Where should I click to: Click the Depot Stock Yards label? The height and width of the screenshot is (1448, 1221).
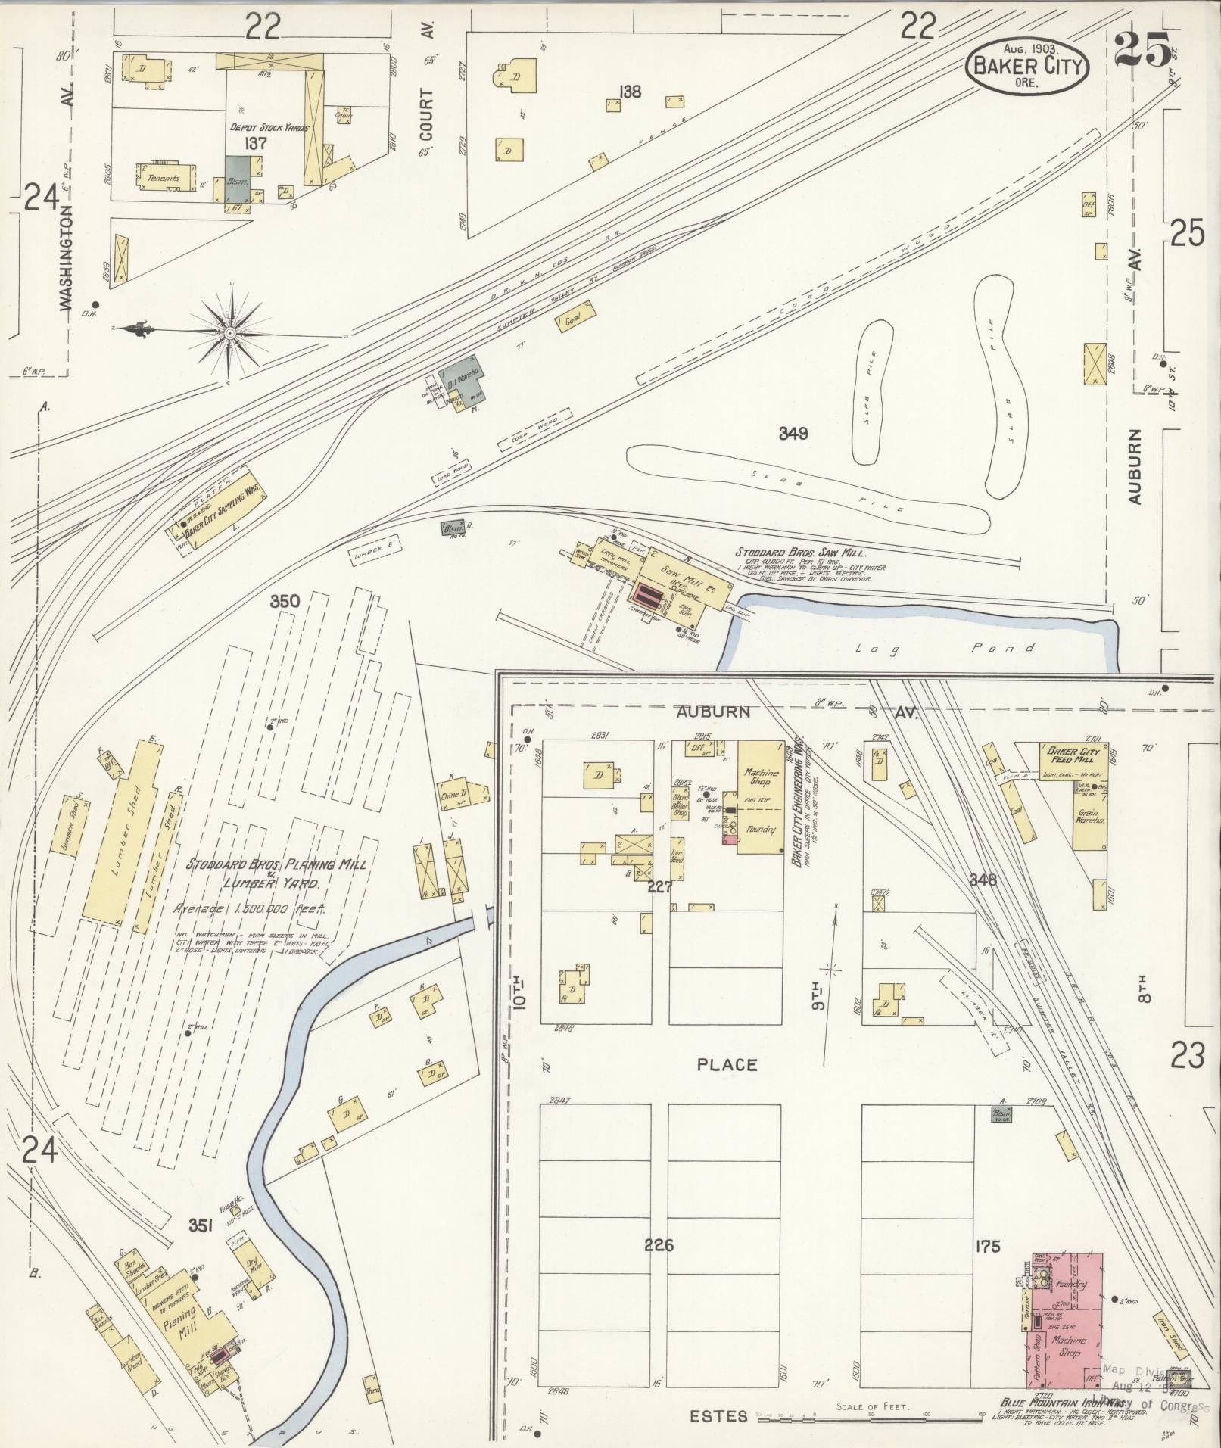(x=269, y=128)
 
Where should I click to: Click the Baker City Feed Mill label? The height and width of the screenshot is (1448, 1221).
(x=1073, y=755)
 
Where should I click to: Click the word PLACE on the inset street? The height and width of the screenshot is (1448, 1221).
(x=727, y=1065)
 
